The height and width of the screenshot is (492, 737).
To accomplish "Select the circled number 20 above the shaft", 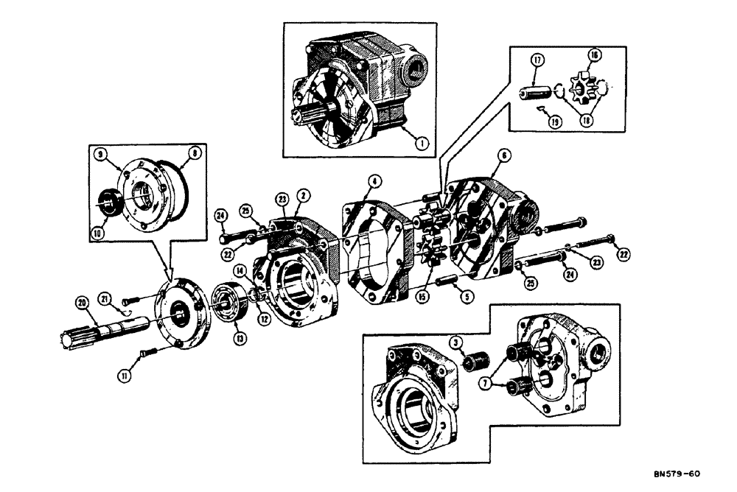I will (82, 301).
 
